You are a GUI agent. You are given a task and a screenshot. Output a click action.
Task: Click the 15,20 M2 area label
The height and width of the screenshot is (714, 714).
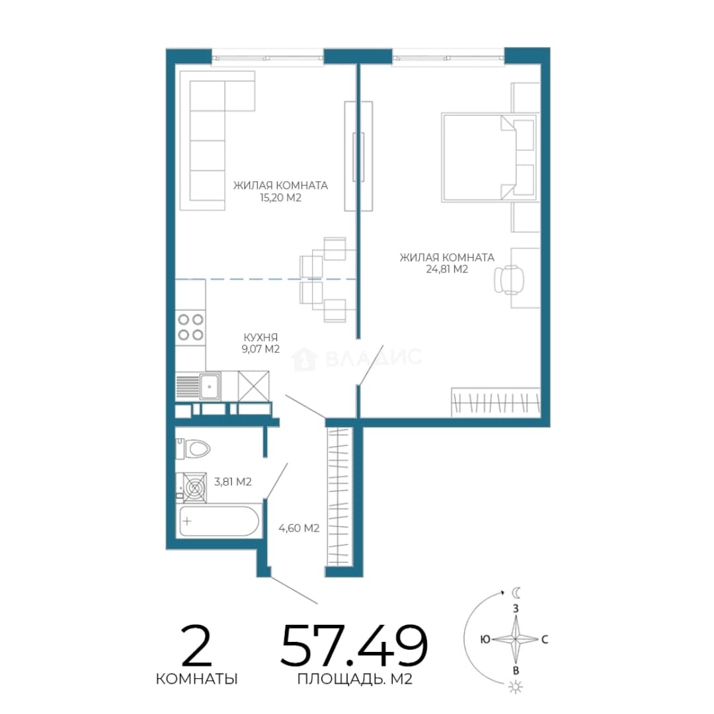pos(280,198)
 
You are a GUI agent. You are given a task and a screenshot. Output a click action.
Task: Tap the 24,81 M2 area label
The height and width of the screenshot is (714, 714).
pos(447,269)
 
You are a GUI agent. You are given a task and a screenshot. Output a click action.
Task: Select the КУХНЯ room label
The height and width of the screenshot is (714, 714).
pos(260,337)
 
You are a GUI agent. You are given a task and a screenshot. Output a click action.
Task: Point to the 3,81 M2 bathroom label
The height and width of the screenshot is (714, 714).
pos(233,481)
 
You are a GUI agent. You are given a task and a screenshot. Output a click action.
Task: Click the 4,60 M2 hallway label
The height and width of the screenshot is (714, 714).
pos(299,528)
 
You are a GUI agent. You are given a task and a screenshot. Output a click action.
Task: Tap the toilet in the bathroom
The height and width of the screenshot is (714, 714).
pos(192,449)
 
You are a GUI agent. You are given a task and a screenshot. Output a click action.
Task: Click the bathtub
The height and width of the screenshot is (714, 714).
pos(219,521)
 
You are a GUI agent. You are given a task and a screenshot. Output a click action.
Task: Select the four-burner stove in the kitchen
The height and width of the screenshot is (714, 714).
pos(190,328)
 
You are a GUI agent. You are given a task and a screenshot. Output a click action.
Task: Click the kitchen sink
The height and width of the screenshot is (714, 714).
pos(210,386)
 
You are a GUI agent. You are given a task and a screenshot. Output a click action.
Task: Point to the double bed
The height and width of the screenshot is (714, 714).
pos(489,157)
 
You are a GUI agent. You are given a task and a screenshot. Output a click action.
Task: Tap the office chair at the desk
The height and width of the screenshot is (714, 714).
pos(508,279)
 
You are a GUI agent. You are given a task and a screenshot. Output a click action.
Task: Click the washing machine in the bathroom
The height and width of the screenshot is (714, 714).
pos(194,488)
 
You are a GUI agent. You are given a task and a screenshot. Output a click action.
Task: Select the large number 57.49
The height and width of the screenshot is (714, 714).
pos(354,645)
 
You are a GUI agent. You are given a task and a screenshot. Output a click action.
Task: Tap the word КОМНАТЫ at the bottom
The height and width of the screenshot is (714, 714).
pos(197,679)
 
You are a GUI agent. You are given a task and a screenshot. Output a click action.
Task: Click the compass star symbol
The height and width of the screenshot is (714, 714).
pos(516,639)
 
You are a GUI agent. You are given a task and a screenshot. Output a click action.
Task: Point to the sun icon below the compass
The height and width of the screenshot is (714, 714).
pos(516,687)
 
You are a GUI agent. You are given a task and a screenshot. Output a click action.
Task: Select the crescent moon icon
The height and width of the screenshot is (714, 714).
pos(516,592)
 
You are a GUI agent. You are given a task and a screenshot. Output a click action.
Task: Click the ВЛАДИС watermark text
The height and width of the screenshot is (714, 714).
pos(374,358)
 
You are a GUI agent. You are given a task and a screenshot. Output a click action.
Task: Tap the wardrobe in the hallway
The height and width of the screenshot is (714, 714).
pos(339,496)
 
